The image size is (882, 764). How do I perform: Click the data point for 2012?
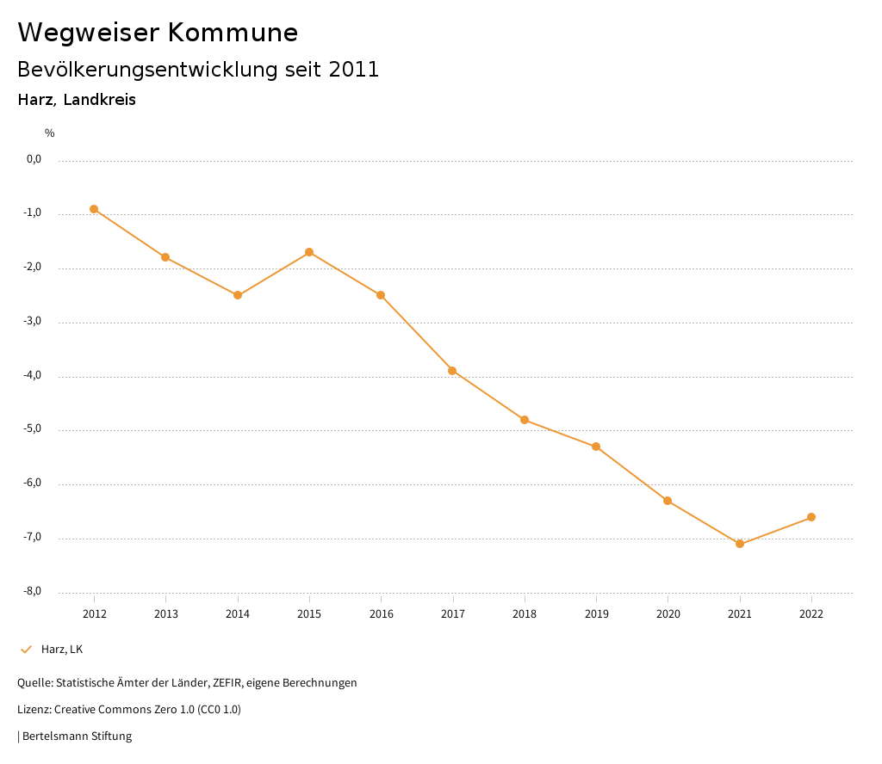click(x=94, y=209)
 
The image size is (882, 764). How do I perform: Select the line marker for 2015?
click(x=309, y=252)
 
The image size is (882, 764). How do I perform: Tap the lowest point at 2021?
click(x=740, y=544)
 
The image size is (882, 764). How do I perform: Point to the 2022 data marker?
click(x=811, y=517)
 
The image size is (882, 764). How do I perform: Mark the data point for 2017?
click(x=452, y=371)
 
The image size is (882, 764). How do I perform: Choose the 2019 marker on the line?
click(x=596, y=447)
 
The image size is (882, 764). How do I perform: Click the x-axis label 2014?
click(x=238, y=613)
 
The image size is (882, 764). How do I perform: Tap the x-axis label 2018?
click(x=525, y=613)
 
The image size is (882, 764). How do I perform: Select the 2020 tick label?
click(x=668, y=613)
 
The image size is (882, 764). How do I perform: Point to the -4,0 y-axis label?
click(x=34, y=376)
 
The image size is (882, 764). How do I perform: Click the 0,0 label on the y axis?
click(x=34, y=159)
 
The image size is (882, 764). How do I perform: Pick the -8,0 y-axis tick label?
click(x=34, y=592)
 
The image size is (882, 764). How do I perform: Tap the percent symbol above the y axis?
click(x=50, y=133)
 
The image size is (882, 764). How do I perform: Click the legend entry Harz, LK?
click(x=62, y=649)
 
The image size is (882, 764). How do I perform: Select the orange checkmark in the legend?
click(x=26, y=649)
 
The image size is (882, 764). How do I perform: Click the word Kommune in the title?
click(x=233, y=33)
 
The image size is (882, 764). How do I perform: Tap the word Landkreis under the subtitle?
click(x=100, y=100)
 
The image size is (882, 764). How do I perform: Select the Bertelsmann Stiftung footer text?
click(x=77, y=736)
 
